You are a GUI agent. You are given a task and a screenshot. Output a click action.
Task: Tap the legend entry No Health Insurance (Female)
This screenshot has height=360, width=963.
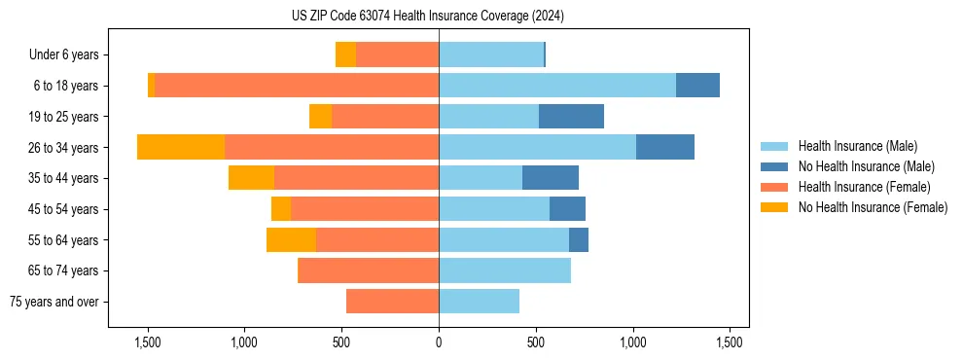(873, 207)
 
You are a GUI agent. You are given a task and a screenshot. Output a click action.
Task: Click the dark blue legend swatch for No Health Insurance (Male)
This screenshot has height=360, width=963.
(774, 166)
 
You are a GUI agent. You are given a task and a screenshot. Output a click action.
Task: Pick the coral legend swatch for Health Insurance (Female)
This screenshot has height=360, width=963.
(774, 187)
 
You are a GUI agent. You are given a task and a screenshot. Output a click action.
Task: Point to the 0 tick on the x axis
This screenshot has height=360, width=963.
(439, 343)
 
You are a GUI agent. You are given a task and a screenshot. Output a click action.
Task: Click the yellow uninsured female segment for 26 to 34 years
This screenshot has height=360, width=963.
(181, 147)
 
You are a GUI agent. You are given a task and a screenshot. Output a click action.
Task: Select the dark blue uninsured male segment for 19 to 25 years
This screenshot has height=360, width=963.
(571, 116)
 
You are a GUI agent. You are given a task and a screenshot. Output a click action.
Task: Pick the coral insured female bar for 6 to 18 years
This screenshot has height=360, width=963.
(297, 86)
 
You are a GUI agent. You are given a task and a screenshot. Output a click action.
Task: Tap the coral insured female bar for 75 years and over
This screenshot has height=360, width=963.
(392, 302)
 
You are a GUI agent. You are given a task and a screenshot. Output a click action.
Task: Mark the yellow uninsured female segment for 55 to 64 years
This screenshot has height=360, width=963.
(291, 239)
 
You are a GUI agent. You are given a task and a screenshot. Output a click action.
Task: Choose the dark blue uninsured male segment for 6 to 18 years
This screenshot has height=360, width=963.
(697, 86)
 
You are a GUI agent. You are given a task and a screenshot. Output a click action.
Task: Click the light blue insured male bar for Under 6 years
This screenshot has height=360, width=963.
(491, 54)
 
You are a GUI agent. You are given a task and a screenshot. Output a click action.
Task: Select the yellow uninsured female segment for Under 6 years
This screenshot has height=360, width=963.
(345, 54)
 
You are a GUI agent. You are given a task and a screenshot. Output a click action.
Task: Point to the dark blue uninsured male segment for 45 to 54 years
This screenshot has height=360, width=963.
(567, 208)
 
